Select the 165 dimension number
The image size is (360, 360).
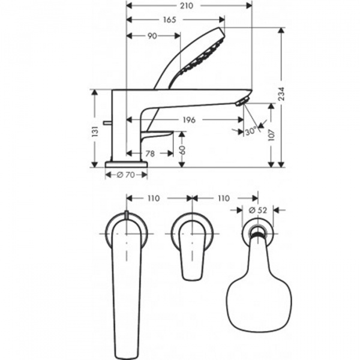169,20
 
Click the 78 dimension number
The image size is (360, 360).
150,154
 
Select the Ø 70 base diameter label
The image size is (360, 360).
127,175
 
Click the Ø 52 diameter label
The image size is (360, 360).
258,211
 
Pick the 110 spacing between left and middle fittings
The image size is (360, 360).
154,199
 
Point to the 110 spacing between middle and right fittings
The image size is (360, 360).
223,199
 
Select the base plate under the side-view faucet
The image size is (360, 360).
127,164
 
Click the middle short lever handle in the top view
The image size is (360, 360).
192,252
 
